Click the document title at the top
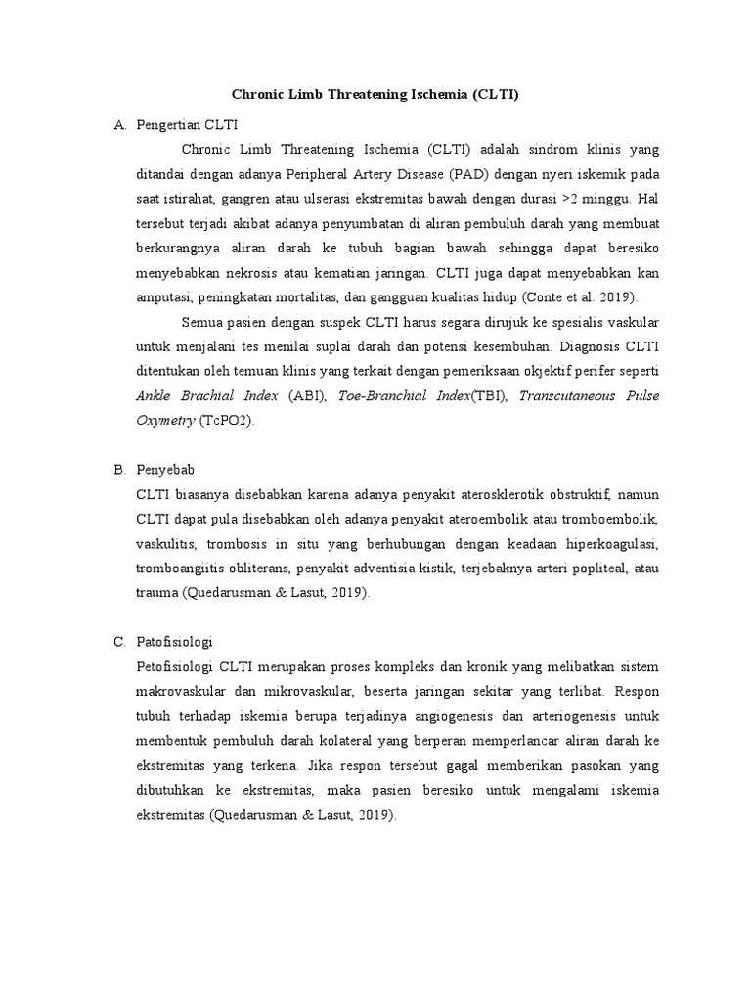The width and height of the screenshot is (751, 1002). click(375, 95)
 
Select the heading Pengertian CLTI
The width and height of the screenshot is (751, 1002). click(187, 125)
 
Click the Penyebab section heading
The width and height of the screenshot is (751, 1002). click(166, 470)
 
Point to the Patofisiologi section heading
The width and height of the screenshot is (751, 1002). click(175, 642)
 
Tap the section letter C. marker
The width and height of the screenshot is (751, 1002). click(120, 642)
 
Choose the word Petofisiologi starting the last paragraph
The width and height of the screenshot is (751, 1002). click(175, 667)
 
